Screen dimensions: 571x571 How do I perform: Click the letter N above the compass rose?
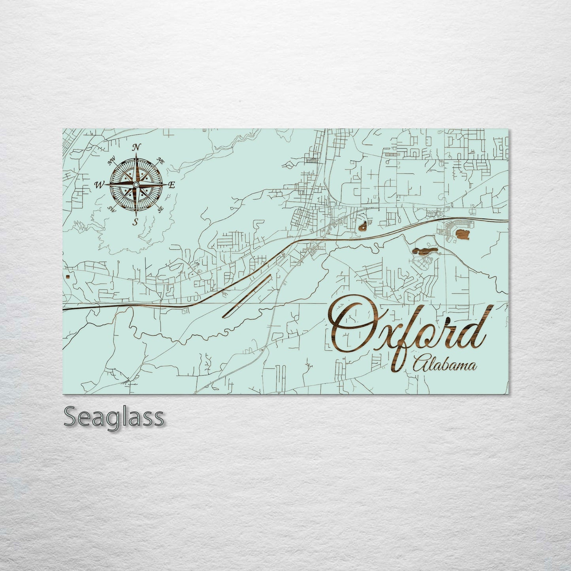click(x=136, y=147)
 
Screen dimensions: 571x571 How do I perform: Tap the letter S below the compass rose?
click(x=136, y=222)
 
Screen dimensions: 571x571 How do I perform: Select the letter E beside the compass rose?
click(x=171, y=185)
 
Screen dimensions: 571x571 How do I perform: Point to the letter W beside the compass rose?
click(x=99, y=185)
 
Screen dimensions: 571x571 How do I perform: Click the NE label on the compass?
click(x=160, y=160)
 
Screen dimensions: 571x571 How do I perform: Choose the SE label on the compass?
click(x=160, y=209)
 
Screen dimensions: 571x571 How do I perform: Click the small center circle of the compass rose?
click(x=136, y=185)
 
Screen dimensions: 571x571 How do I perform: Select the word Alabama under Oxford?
click(x=444, y=366)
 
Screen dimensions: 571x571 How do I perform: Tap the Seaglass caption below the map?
click(x=113, y=417)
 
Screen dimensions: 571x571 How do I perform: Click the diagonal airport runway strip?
click(x=247, y=296)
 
